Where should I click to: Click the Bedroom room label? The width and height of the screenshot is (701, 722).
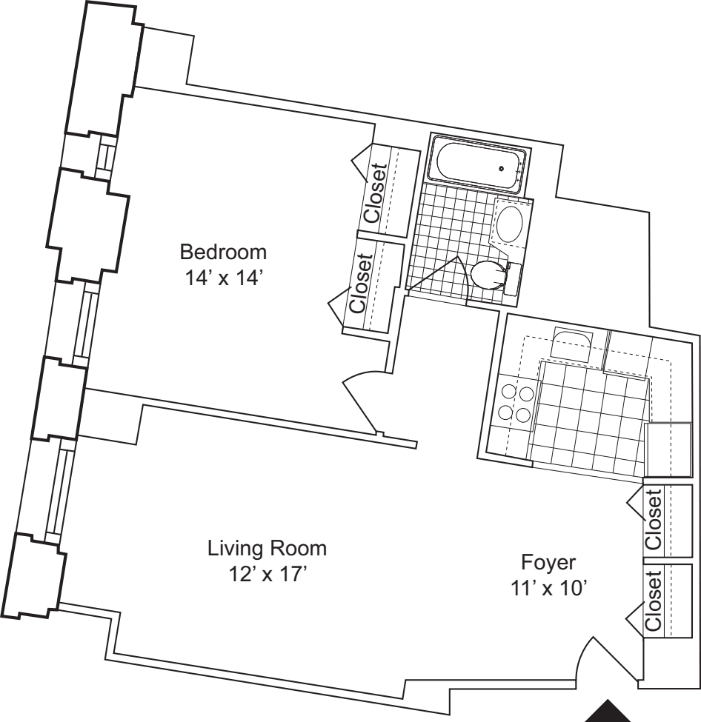click(223, 252)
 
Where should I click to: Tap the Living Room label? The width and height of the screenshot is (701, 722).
click(267, 549)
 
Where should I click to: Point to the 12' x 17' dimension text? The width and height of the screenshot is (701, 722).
click(267, 575)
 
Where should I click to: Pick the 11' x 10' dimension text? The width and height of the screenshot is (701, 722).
click(549, 587)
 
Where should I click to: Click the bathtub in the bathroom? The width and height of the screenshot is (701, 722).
click(479, 164)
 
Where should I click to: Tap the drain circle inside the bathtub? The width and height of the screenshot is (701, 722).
click(503, 169)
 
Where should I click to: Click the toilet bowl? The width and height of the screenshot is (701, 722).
click(485, 275)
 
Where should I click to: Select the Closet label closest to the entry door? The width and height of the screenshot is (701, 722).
click(654, 601)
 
